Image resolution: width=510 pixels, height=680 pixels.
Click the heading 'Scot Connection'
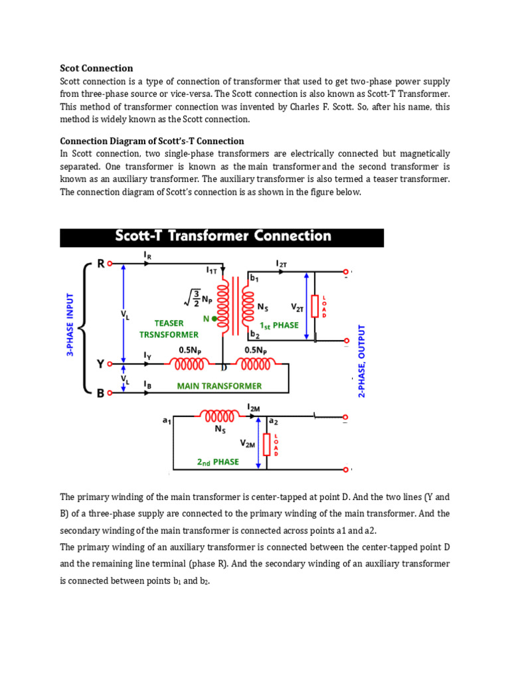point(96,68)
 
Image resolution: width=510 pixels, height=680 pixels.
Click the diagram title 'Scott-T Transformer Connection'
point(222,236)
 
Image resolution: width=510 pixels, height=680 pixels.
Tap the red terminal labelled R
point(110,264)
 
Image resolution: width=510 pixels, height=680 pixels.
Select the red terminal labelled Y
point(110,365)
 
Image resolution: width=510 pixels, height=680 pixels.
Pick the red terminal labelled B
point(110,392)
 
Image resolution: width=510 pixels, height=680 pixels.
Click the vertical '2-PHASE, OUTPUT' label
point(362,361)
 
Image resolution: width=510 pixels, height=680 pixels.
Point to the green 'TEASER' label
point(169,323)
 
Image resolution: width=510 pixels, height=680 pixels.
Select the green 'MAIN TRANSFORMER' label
point(219,386)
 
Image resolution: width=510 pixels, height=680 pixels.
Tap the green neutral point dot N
point(214,318)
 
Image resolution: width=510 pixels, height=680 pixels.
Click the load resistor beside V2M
point(267,445)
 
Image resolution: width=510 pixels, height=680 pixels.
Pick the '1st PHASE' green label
point(279,325)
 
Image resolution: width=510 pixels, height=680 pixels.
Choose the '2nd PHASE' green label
point(218,462)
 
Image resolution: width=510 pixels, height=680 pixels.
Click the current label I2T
point(281,264)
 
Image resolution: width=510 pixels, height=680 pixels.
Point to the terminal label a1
point(167,420)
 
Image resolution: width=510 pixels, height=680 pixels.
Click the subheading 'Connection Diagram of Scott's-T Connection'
point(152,141)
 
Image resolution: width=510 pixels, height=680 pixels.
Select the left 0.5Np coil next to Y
point(191,365)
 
